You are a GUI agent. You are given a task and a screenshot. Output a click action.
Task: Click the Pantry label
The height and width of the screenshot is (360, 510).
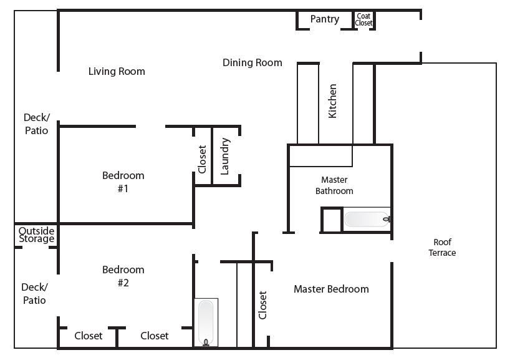click(325, 19)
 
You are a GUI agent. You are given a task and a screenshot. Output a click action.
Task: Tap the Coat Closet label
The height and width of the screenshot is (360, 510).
click(363, 19)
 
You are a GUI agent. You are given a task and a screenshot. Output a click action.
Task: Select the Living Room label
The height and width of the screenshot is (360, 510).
click(117, 71)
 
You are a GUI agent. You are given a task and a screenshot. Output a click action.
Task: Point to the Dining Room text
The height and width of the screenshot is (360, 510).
click(253, 62)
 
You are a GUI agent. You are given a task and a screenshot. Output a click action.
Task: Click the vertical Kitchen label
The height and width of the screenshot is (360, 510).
click(332, 101)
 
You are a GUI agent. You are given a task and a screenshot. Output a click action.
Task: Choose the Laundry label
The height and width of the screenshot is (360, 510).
click(224, 156)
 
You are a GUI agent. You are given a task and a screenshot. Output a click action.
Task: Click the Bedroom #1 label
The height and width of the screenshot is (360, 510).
click(123, 182)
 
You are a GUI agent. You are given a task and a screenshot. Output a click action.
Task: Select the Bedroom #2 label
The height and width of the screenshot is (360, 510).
click(123, 276)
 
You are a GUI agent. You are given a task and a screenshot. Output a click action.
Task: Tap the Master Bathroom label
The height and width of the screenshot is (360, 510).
click(334, 185)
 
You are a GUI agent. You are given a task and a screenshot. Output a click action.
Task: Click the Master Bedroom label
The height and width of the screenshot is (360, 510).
click(331, 289)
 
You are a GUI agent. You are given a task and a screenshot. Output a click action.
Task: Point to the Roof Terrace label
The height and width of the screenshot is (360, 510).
click(442, 247)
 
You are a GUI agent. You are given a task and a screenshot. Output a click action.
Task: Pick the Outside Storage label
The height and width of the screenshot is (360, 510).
click(36, 235)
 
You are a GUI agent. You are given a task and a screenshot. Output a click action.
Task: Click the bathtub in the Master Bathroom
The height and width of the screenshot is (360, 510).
click(367, 219)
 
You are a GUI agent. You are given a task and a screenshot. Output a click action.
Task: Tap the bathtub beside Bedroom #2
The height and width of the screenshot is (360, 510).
click(206, 322)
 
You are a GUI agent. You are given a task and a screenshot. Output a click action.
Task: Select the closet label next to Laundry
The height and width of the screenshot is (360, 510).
click(202, 159)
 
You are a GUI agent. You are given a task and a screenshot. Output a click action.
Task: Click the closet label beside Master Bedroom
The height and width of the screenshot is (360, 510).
click(262, 305)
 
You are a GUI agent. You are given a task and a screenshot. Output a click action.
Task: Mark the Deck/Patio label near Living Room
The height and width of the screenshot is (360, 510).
click(36, 124)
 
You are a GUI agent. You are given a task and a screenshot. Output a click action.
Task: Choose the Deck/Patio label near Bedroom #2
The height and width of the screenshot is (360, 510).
click(34, 294)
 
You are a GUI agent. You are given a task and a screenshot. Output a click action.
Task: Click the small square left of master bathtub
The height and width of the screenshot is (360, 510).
click(332, 220)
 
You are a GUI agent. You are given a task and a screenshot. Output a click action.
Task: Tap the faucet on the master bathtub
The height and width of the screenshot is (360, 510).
click(387, 219)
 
